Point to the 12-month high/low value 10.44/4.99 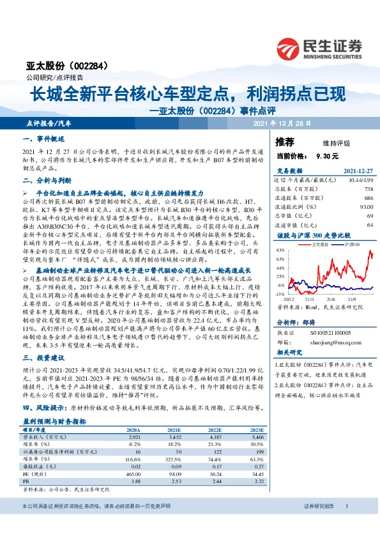coord(358,182)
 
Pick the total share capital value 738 coord(368,190)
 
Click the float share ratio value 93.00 coord(366,206)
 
